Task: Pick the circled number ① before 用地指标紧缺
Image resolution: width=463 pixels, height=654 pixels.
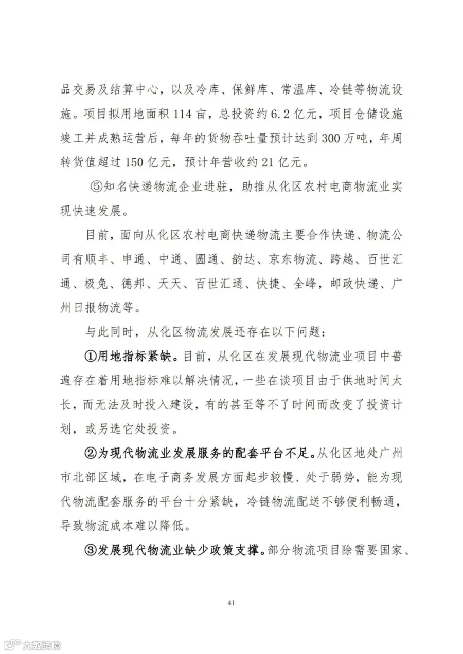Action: (91, 355)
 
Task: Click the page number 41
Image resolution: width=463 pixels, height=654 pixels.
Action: (231, 603)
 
